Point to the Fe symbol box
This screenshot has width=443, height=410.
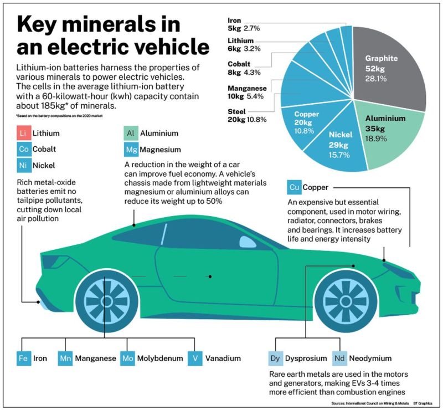tap(23, 358)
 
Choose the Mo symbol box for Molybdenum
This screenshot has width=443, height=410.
tap(127, 358)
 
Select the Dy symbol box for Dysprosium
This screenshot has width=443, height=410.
tap(275, 358)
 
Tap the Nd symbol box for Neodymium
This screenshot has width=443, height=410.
tap(339, 358)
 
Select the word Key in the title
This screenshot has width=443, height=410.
tap(42, 25)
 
